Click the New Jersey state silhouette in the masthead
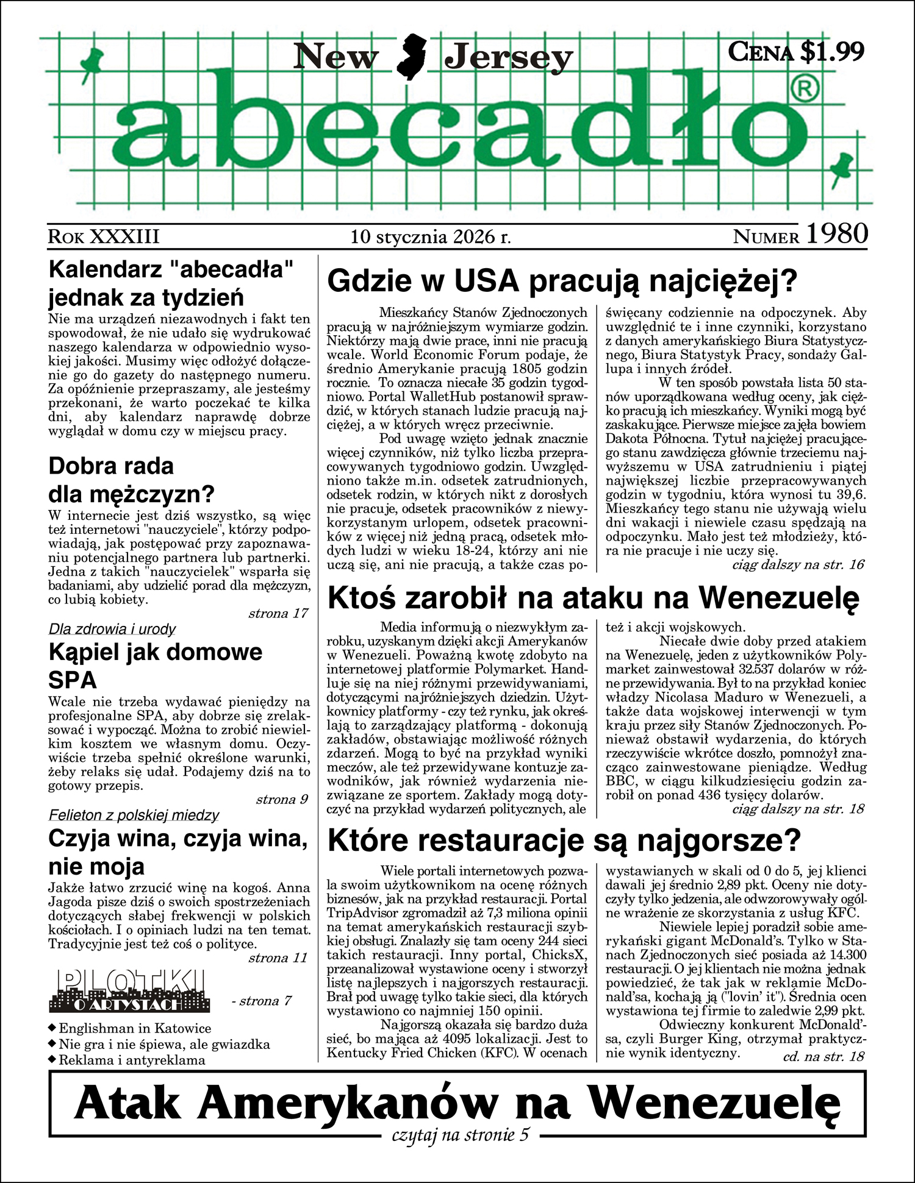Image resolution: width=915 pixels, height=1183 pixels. [411, 57]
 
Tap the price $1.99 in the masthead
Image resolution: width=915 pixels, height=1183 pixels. [832, 52]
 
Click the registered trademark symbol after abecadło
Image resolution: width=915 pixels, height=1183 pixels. [805, 90]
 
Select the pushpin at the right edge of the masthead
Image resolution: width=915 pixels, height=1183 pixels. [843, 167]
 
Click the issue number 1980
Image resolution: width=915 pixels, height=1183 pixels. [837, 234]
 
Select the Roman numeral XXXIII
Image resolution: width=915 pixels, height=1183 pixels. [124, 236]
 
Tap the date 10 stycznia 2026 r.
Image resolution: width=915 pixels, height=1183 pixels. [430, 236]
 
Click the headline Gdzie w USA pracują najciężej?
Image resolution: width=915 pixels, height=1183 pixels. [562, 281]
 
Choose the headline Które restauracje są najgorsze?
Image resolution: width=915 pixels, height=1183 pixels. [564, 841]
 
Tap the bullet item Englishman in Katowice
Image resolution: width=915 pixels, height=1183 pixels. [135, 1029]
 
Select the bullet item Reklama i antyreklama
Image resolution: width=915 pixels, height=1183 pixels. [132, 1060]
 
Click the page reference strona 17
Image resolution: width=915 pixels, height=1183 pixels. [278, 613]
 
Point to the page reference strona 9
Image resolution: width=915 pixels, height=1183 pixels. [282, 800]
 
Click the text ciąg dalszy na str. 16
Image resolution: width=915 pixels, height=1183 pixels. [798, 564]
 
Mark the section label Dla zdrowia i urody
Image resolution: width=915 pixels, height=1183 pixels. [112, 629]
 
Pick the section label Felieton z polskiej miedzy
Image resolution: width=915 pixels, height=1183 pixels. [134, 815]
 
